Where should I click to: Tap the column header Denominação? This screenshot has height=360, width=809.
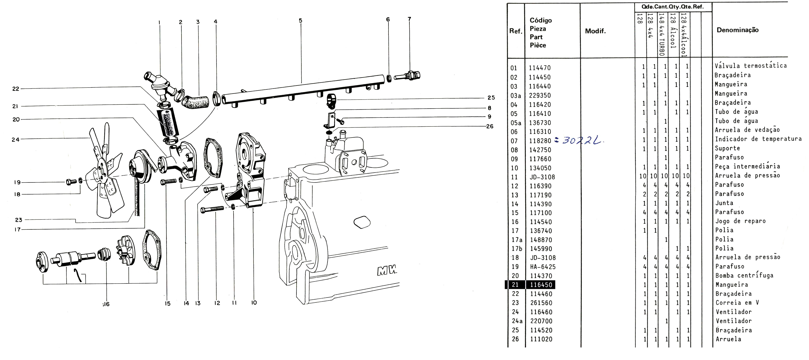[737, 30]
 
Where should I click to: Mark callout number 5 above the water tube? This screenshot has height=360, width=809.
[301, 21]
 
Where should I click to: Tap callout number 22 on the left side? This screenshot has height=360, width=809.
[16, 89]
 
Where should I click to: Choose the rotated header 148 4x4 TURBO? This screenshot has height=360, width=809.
[661, 35]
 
